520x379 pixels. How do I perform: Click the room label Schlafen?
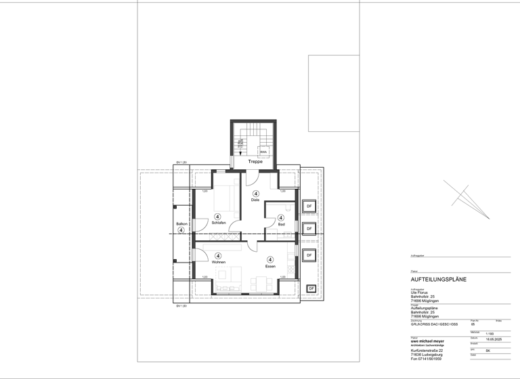click(x=218, y=223)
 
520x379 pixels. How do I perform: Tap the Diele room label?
click(x=255, y=200)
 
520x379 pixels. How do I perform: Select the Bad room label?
click(x=280, y=223)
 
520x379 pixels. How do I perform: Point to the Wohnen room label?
click(x=218, y=262)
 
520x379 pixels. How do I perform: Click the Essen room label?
click(x=270, y=266)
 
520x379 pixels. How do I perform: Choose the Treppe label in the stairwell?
click(x=255, y=162)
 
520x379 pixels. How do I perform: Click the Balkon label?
click(x=181, y=223)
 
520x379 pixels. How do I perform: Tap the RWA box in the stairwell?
click(x=263, y=152)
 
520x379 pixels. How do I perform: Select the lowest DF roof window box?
click(x=311, y=289)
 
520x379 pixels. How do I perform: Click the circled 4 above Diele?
click(x=256, y=194)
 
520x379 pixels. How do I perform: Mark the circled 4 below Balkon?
click(x=181, y=230)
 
